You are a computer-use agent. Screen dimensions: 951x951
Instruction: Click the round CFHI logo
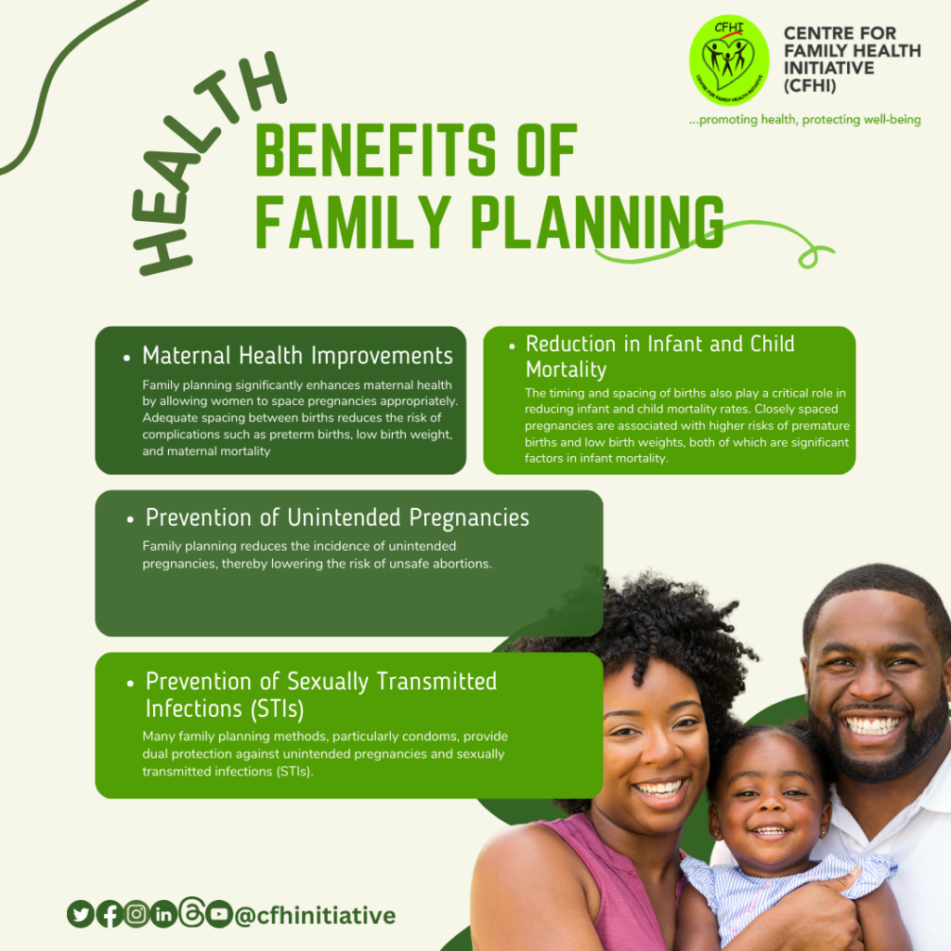click(729, 60)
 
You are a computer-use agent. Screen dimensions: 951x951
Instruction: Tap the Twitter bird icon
click(81, 914)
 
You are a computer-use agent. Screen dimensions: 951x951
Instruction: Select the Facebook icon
click(110, 914)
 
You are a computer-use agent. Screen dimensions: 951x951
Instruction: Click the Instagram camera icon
click(137, 914)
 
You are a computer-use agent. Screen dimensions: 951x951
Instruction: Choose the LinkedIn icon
click(163, 914)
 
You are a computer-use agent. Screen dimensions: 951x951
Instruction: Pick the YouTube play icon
click(219, 914)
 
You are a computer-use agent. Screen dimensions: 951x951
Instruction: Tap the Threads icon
click(191, 912)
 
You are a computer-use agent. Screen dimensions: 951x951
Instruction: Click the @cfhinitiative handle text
click(315, 915)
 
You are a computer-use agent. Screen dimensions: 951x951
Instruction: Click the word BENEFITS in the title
click(375, 150)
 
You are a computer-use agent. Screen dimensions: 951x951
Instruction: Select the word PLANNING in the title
click(597, 222)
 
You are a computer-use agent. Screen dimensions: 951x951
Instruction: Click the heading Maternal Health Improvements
click(297, 356)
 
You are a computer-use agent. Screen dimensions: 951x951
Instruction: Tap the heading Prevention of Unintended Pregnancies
click(337, 518)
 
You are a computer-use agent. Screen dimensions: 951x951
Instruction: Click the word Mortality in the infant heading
click(566, 370)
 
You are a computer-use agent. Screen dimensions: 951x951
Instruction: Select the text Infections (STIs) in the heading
click(225, 709)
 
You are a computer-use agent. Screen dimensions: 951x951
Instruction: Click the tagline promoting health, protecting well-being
click(804, 120)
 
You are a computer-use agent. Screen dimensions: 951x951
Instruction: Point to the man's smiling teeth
click(872, 724)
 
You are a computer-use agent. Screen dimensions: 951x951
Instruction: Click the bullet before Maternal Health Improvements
click(126, 358)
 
